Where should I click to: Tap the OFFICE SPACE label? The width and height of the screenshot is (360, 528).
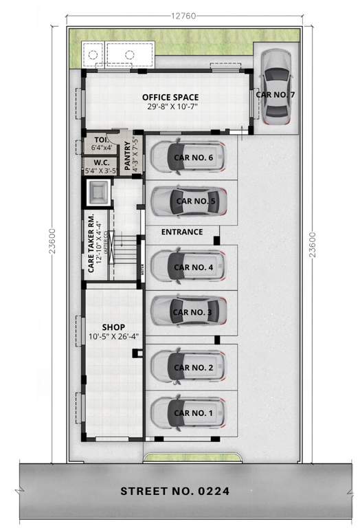point(170,97)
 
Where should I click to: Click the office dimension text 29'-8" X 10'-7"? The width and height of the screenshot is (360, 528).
point(170,107)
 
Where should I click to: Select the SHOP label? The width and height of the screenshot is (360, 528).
point(113,327)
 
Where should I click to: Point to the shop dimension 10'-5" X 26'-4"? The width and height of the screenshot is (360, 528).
point(114,337)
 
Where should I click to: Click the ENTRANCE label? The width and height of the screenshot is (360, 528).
point(182,232)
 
